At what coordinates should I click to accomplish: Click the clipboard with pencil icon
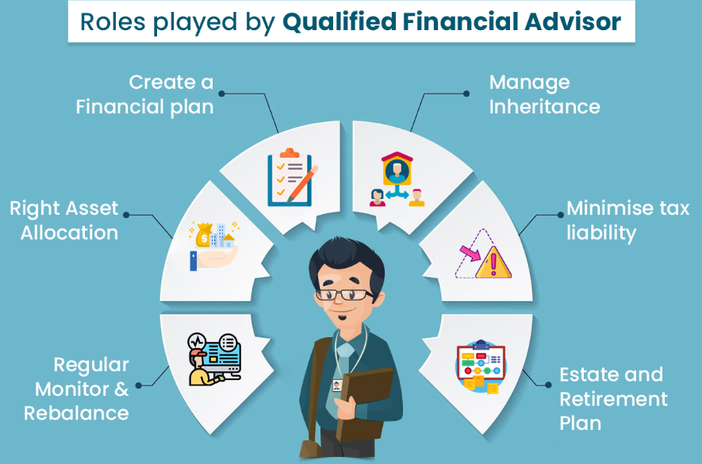click(292, 178)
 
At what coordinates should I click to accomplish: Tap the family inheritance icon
click(397, 179)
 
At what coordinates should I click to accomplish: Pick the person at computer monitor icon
click(214, 359)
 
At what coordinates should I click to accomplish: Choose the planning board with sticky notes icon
click(481, 366)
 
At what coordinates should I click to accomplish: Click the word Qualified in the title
click(339, 21)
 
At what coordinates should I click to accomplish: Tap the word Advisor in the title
click(573, 21)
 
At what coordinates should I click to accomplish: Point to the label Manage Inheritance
click(544, 94)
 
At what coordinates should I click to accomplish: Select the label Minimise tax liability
click(627, 220)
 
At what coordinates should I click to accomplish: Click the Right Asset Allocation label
click(64, 220)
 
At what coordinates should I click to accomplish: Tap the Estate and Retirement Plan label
click(613, 399)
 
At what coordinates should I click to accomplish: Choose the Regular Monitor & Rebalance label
click(76, 389)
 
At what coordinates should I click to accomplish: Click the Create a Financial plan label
click(144, 94)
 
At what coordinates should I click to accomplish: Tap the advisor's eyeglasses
click(343, 294)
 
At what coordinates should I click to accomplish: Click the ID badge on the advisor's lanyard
click(337, 385)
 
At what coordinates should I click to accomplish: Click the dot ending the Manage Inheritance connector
click(466, 94)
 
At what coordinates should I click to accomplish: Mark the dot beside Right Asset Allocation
click(126, 215)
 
